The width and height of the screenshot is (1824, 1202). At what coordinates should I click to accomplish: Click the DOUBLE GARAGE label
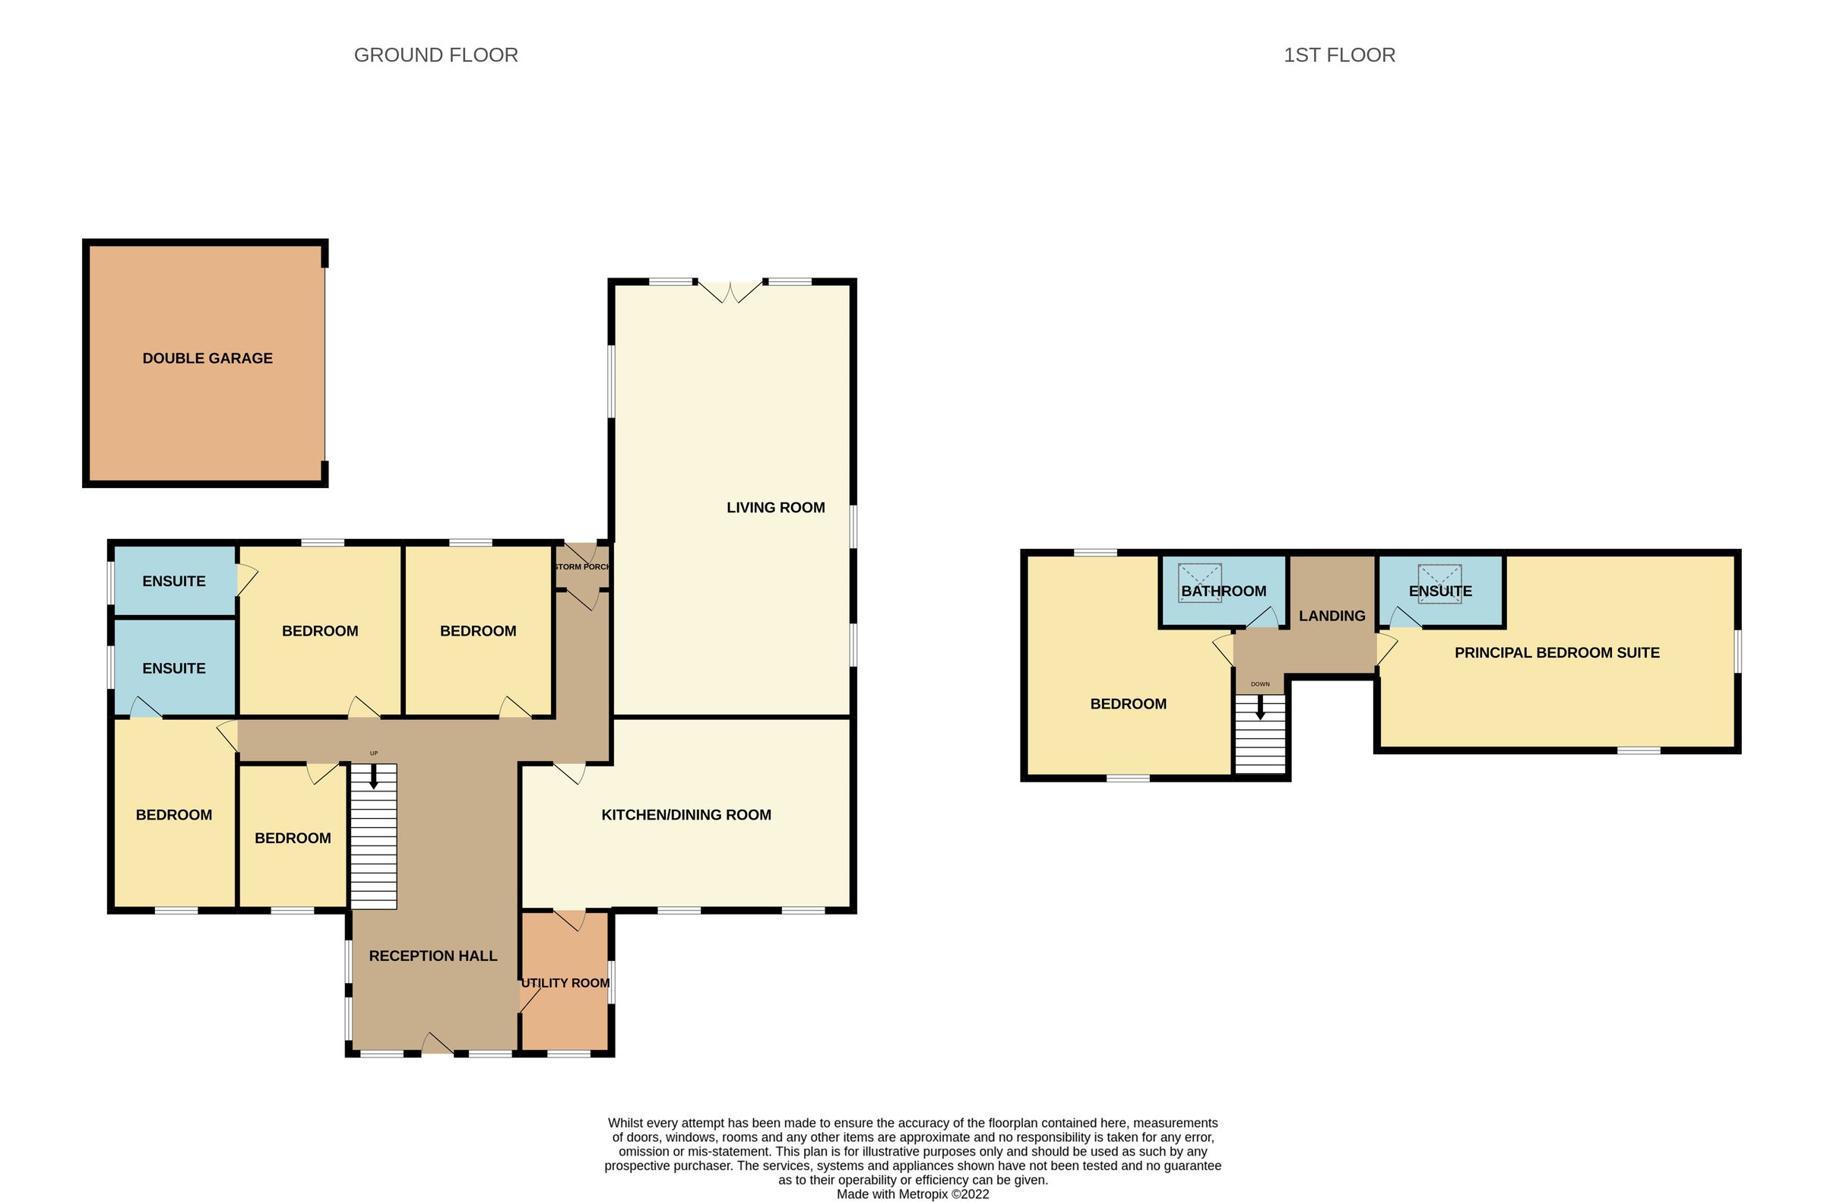pos(207,358)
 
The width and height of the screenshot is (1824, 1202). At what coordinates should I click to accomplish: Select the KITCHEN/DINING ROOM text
pos(686,815)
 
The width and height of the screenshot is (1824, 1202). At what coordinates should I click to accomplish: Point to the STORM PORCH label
pos(581,566)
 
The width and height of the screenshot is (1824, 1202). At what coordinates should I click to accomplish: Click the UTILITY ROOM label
pos(565,983)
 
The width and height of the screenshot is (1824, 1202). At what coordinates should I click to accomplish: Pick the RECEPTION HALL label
pos(433,956)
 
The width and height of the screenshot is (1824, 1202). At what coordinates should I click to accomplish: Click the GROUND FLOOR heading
pos(435,56)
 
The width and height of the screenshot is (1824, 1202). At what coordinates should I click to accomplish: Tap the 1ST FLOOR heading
pos(1339,56)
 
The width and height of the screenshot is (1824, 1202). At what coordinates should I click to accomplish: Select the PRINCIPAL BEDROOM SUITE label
pos(1556,652)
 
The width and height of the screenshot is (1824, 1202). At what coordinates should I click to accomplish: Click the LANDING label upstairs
pos(1332,616)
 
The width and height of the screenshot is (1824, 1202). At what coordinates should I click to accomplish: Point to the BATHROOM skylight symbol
pos(1199,582)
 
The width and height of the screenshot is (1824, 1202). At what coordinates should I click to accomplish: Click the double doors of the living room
pos(730,292)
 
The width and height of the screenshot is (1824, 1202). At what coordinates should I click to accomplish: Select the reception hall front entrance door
pos(437,1045)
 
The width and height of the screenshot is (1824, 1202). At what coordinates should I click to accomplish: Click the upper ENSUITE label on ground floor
pos(174,581)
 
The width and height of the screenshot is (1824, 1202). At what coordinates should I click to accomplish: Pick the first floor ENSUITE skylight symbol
pos(1439,583)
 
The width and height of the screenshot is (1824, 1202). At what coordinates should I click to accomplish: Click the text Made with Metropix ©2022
pos(912,1194)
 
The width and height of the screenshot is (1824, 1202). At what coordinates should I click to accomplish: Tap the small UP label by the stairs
pos(374,753)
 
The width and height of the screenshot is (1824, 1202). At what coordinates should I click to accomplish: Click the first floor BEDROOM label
pos(1128,704)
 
